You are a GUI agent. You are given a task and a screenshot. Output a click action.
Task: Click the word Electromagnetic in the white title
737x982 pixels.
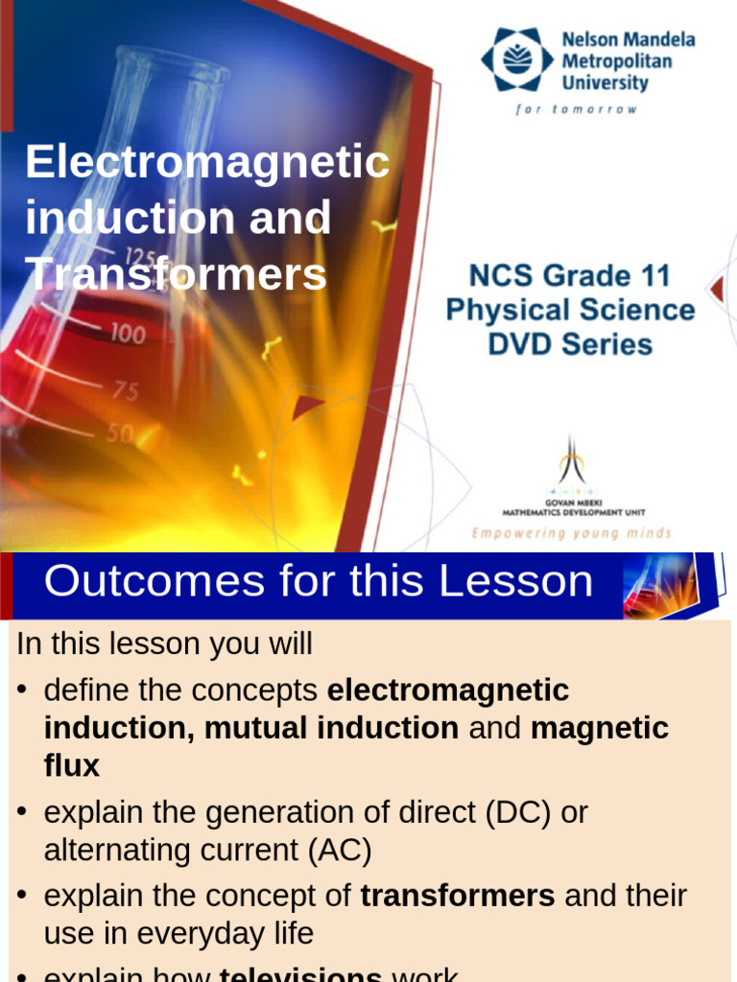207,162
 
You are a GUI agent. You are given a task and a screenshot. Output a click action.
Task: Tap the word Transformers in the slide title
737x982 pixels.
177,274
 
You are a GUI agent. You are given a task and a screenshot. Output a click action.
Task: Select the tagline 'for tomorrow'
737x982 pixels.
576,109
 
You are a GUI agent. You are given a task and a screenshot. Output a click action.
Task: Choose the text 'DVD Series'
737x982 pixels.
570,344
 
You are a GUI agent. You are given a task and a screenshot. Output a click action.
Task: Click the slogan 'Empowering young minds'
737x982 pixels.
571,533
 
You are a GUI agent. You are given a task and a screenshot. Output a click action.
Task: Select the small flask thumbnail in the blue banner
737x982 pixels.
660,585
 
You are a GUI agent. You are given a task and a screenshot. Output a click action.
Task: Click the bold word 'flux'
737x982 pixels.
72,766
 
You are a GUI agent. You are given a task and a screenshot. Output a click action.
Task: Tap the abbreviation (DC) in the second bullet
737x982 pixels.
522,812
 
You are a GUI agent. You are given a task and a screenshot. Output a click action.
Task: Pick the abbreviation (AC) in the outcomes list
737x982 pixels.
340,851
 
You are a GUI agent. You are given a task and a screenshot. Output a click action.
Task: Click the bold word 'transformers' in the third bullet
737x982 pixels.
458,896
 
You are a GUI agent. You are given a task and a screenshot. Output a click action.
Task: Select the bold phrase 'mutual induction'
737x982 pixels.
331,729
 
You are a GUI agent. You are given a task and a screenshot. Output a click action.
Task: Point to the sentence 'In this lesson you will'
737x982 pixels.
164,644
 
